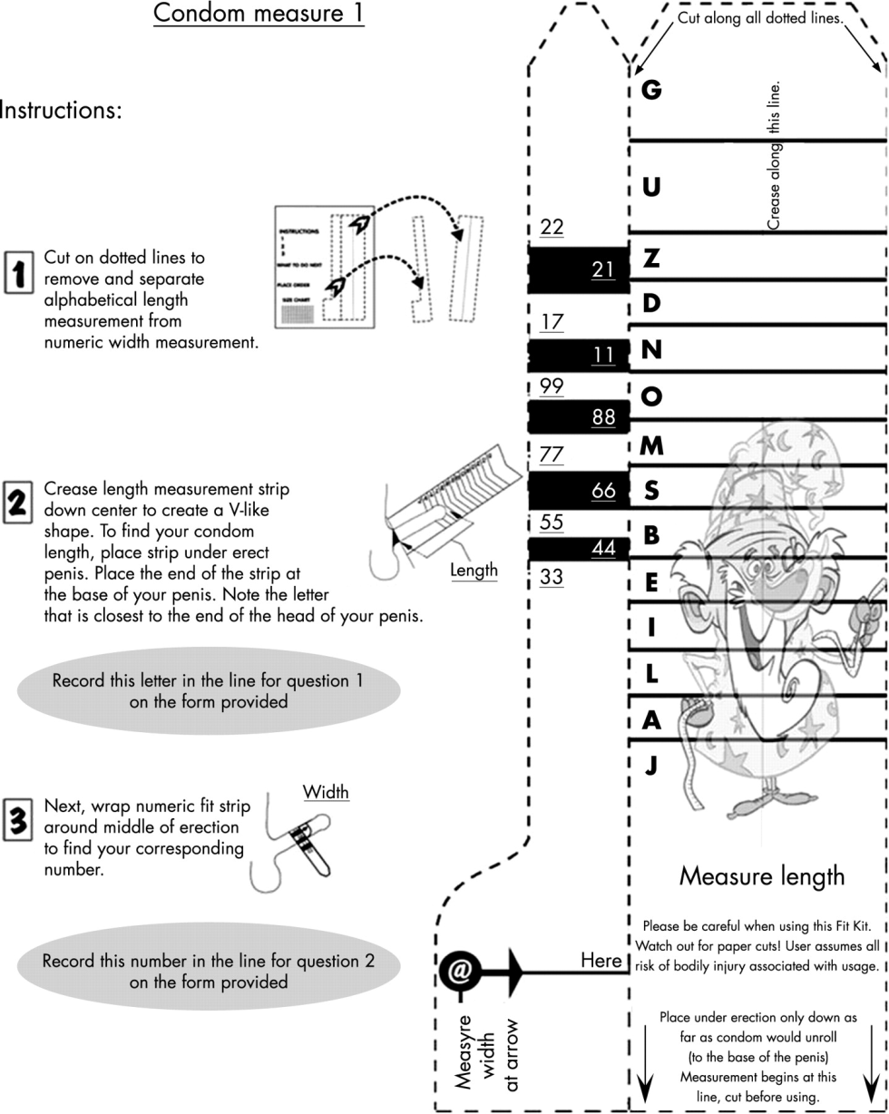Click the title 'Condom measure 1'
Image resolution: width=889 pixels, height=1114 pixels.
(x=259, y=15)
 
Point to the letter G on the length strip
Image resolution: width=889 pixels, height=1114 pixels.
(x=650, y=90)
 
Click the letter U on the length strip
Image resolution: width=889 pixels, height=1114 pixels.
(x=651, y=188)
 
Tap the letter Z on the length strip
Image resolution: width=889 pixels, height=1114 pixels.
(x=651, y=259)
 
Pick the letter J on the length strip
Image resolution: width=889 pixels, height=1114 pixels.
(x=650, y=767)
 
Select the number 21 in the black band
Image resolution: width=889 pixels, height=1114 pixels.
(x=603, y=269)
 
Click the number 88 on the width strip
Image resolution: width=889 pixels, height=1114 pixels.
(x=603, y=417)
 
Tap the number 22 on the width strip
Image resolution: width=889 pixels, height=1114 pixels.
(x=552, y=227)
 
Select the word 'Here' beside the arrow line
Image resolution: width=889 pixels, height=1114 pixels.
(x=601, y=960)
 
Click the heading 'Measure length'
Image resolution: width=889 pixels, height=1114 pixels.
(x=762, y=876)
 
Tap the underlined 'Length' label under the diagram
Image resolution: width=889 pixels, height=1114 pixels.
(x=474, y=571)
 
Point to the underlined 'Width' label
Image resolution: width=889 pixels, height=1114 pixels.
(x=326, y=792)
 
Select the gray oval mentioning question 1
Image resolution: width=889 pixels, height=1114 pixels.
(x=209, y=690)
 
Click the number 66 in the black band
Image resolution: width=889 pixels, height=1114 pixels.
(x=603, y=492)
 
